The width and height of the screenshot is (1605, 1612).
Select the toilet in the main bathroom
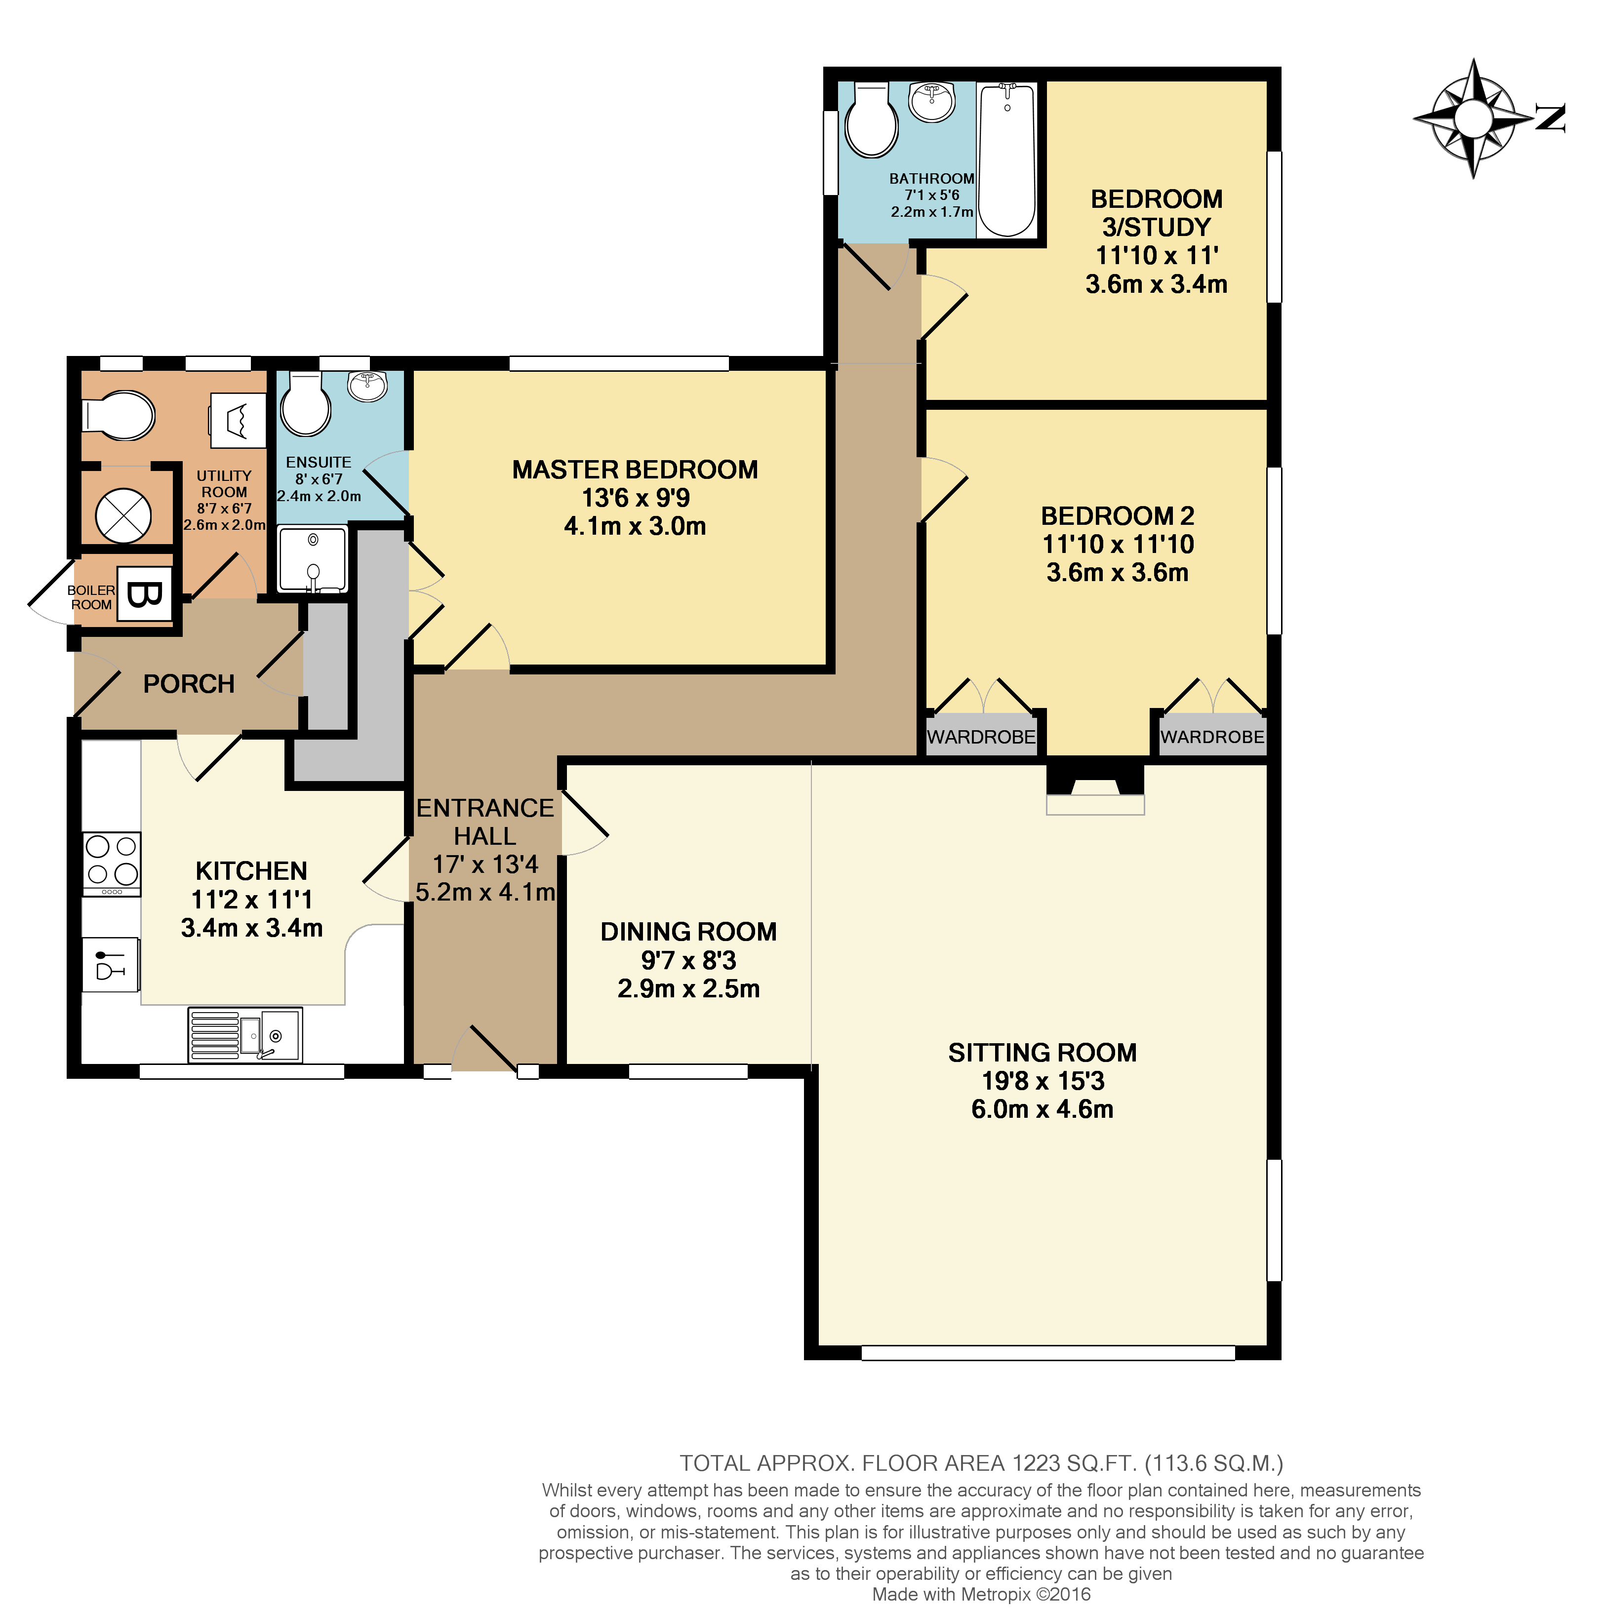(x=871, y=121)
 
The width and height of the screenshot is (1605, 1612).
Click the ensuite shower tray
(x=311, y=559)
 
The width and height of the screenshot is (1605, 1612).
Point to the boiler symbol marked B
(x=144, y=594)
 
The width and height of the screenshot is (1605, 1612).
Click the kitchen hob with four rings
(x=112, y=860)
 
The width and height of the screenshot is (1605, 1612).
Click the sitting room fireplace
(x=1095, y=792)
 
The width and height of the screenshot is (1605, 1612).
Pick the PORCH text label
(x=189, y=684)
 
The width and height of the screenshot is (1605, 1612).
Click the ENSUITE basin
(x=367, y=386)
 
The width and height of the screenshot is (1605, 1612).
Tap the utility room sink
(x=237, y=420)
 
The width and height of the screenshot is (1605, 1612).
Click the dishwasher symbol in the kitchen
(x=110, y=964)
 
